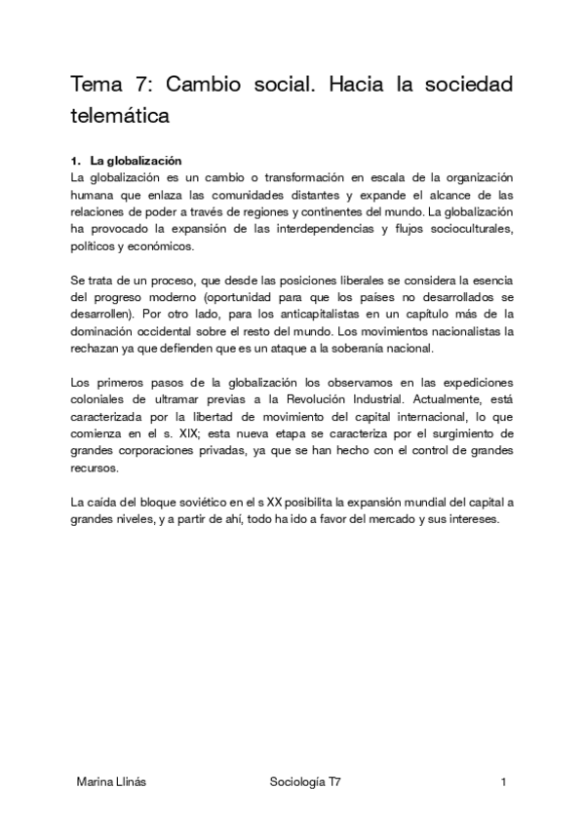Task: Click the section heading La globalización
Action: pyautogui.click(x=136, y=160)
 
